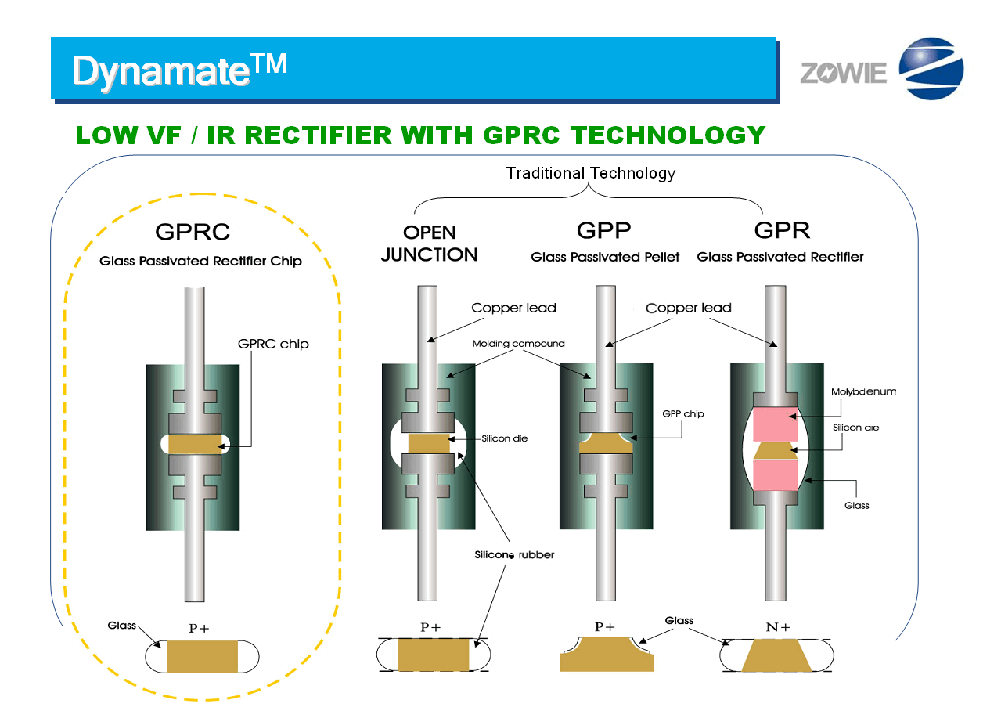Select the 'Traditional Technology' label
coord(590,173)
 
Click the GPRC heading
coord(193,232)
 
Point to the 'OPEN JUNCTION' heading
coord(429,244)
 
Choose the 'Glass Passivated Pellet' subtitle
coord(605,257)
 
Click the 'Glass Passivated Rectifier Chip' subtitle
coord(200,262)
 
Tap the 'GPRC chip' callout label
coord(273,344)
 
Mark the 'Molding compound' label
coord(518,344)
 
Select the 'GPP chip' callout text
coord(682,413)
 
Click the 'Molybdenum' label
coord(863,391)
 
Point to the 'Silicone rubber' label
coord(514,555)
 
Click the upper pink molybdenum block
coord(775,424)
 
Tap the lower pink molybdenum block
coord(775,474)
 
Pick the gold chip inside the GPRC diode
coord(196,444)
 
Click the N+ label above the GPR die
coord(776,627)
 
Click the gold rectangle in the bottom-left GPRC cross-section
coord(202,656)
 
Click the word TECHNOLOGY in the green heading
coord(668,135)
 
